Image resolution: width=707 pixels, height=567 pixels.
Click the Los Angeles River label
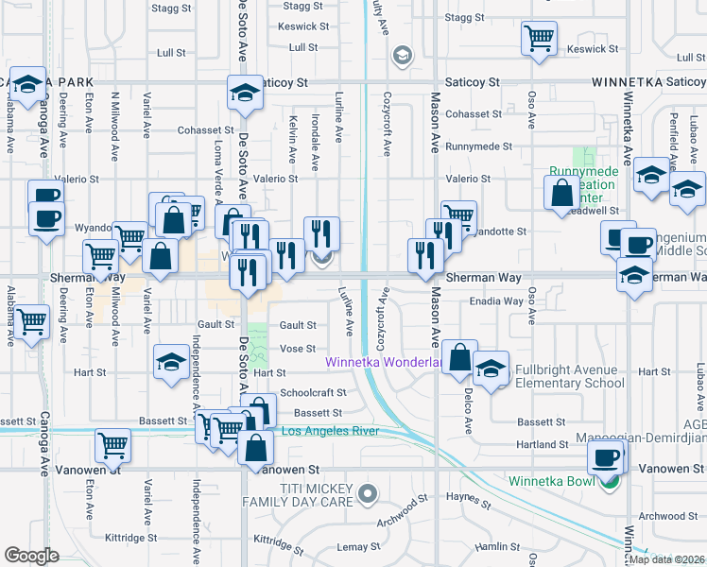[331, 432]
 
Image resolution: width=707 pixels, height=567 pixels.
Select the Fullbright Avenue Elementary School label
[569, 377]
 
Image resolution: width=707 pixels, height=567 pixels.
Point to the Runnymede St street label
[479, 147]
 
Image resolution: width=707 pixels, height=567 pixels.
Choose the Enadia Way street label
[496, 301]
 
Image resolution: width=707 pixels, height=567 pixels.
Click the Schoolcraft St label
[314, 392]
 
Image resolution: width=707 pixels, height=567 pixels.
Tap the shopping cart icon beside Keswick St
[539, 40]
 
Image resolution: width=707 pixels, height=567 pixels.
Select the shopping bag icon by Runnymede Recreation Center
[561, 192]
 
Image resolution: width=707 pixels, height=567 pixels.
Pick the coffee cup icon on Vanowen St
[605, 459]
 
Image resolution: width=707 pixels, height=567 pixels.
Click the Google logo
[31, 556]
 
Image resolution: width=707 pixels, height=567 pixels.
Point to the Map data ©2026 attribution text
[666, 559]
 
